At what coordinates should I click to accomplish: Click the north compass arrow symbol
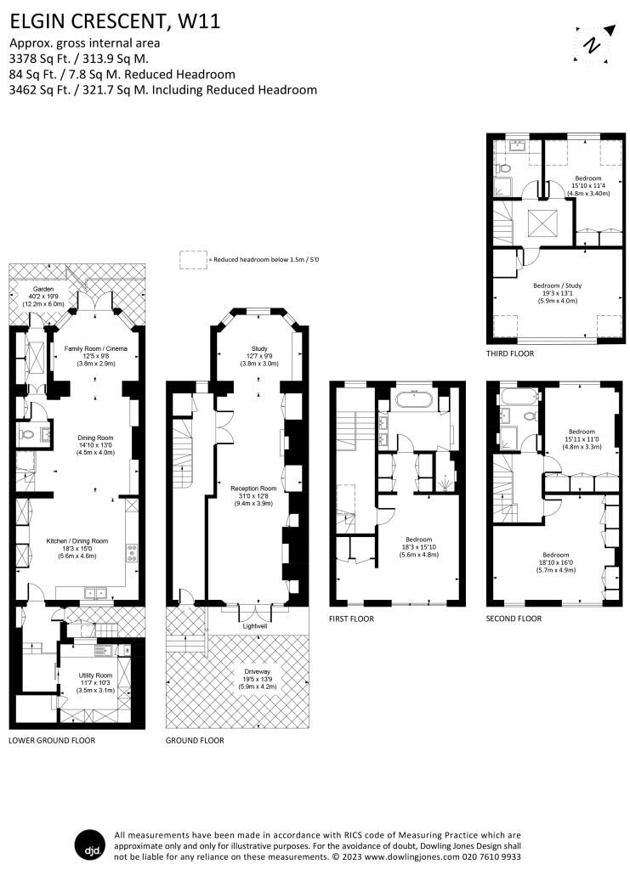pos(592,44)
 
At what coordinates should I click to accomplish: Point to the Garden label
pos(38,288)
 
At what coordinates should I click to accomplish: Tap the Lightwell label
pos(254,625)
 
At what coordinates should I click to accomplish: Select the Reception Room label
pos(254,489)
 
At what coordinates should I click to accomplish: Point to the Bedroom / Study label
pos(556,285)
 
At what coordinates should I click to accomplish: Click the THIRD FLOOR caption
pos(510,353)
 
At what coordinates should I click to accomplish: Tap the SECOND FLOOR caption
pos(514,619)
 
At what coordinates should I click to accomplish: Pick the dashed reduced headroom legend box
pos(193,260)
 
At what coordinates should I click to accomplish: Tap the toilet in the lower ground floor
pos(27,436)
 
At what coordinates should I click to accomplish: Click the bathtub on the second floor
pos(516,397)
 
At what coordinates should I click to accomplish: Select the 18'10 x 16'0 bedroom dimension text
pos(556,562)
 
